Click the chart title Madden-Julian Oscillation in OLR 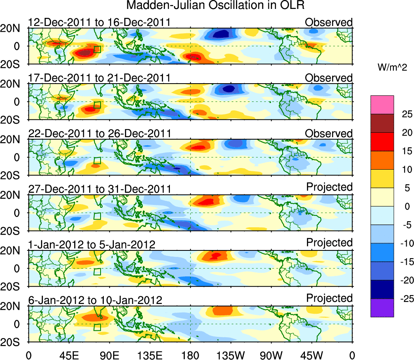pyautogui.click(x=215, y=5)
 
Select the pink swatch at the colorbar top pyautogui.click(x=382, y=105)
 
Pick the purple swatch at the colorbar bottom pyautogui.click(x=382, y=308)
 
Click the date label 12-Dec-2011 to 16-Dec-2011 pyautogui.click(x=99, y=22)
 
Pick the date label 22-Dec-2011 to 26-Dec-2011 pyautogui.click(x=99, y=134)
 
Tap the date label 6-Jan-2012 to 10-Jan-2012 pyautogui.click(x=95, y=300)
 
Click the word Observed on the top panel pyautogui.click(x=329, y=22)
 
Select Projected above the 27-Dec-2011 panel pyautogui.click(x=329, y=187)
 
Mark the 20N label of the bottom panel pyautogui.click(x=14, y=306)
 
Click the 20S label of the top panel pyautogui.click(x=14, y=64)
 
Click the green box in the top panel pyautogui.click(x=97, y=50)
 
